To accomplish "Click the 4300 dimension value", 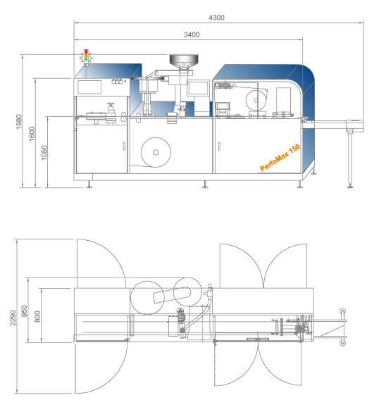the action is click(x=216, y=18).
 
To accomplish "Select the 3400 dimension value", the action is click(x=192, y=35).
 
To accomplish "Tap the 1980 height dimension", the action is click(x=19, y=122).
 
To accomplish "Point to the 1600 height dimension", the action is click(x=32, y=134).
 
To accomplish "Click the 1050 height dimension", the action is click(x=44, y=152).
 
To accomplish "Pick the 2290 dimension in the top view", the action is click(x=13, y=318).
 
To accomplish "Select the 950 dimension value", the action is click(x=24, y=311).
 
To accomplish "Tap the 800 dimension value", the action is click(x=37, y=317).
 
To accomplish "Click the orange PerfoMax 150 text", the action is click(x=280, y=158).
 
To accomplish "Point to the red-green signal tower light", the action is click(x=86, y=56).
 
